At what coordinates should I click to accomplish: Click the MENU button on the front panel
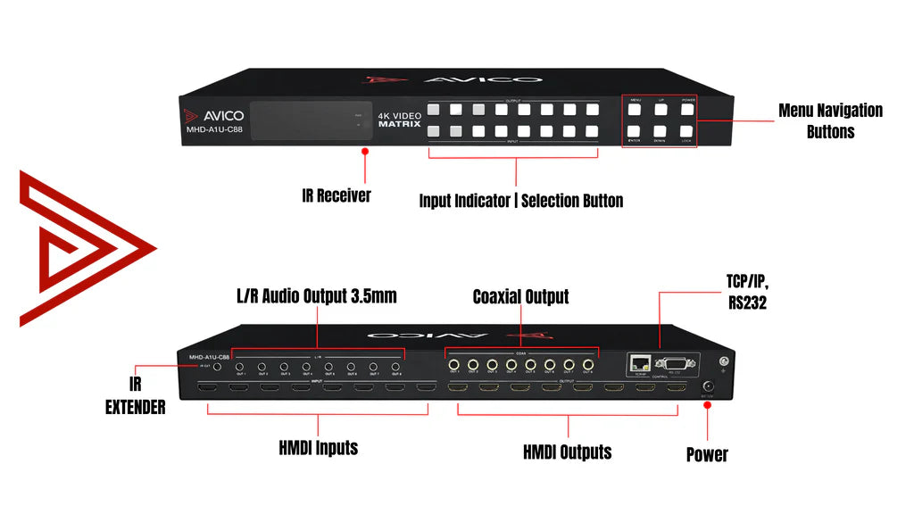pyautogui.click(x=635, y=112)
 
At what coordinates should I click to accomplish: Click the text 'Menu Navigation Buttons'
pyautogui.click(x=830, y=120)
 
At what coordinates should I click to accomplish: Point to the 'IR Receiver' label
pyautogui.click(x=336, y=195)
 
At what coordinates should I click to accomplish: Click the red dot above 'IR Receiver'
pyautogui.click(x=364, y=152)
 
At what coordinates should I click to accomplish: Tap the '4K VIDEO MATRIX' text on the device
pyautogui.click(x=399, y=120)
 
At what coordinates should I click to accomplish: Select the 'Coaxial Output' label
pyautogui.click(x=520, y=296)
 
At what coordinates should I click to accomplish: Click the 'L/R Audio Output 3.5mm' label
pyautogui.click(x=317, y=296)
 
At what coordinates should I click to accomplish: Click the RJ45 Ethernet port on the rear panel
pyautogui.click(x=639, y=361)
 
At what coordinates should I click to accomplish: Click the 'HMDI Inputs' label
pyautogui.click(x=318, y=447)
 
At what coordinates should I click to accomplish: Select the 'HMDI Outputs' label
pyautogui.click(x=567, y=452)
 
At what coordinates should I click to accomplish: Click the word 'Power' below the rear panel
pyautogui.click(x=707, y=454)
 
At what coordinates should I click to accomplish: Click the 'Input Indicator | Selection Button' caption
pyautogui.click(x=521, y=201)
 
